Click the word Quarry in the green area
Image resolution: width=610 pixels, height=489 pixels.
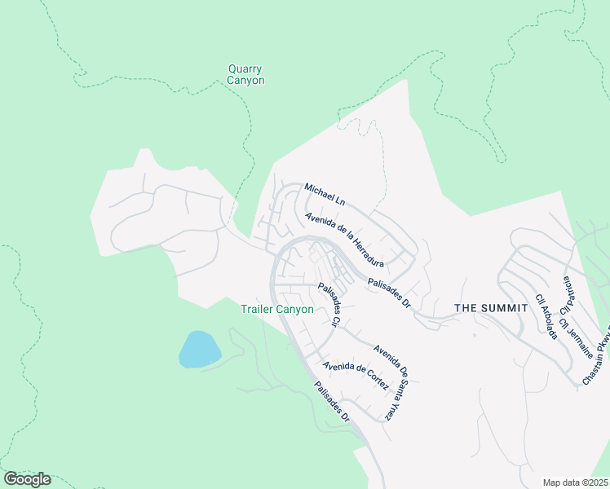245,69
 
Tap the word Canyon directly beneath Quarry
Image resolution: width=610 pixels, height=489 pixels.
245,81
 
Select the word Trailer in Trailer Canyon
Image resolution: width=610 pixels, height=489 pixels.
258,309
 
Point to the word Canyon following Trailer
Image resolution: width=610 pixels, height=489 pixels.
295,309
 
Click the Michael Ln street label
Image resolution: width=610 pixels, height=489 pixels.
325,194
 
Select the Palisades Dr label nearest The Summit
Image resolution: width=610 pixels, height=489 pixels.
389,292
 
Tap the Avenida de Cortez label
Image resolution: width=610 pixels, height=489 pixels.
354,376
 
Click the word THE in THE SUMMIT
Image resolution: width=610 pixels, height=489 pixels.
465,308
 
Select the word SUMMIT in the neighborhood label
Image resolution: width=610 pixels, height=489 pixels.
499,308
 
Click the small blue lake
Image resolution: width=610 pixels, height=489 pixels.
199,350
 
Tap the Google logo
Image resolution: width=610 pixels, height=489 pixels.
27,479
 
